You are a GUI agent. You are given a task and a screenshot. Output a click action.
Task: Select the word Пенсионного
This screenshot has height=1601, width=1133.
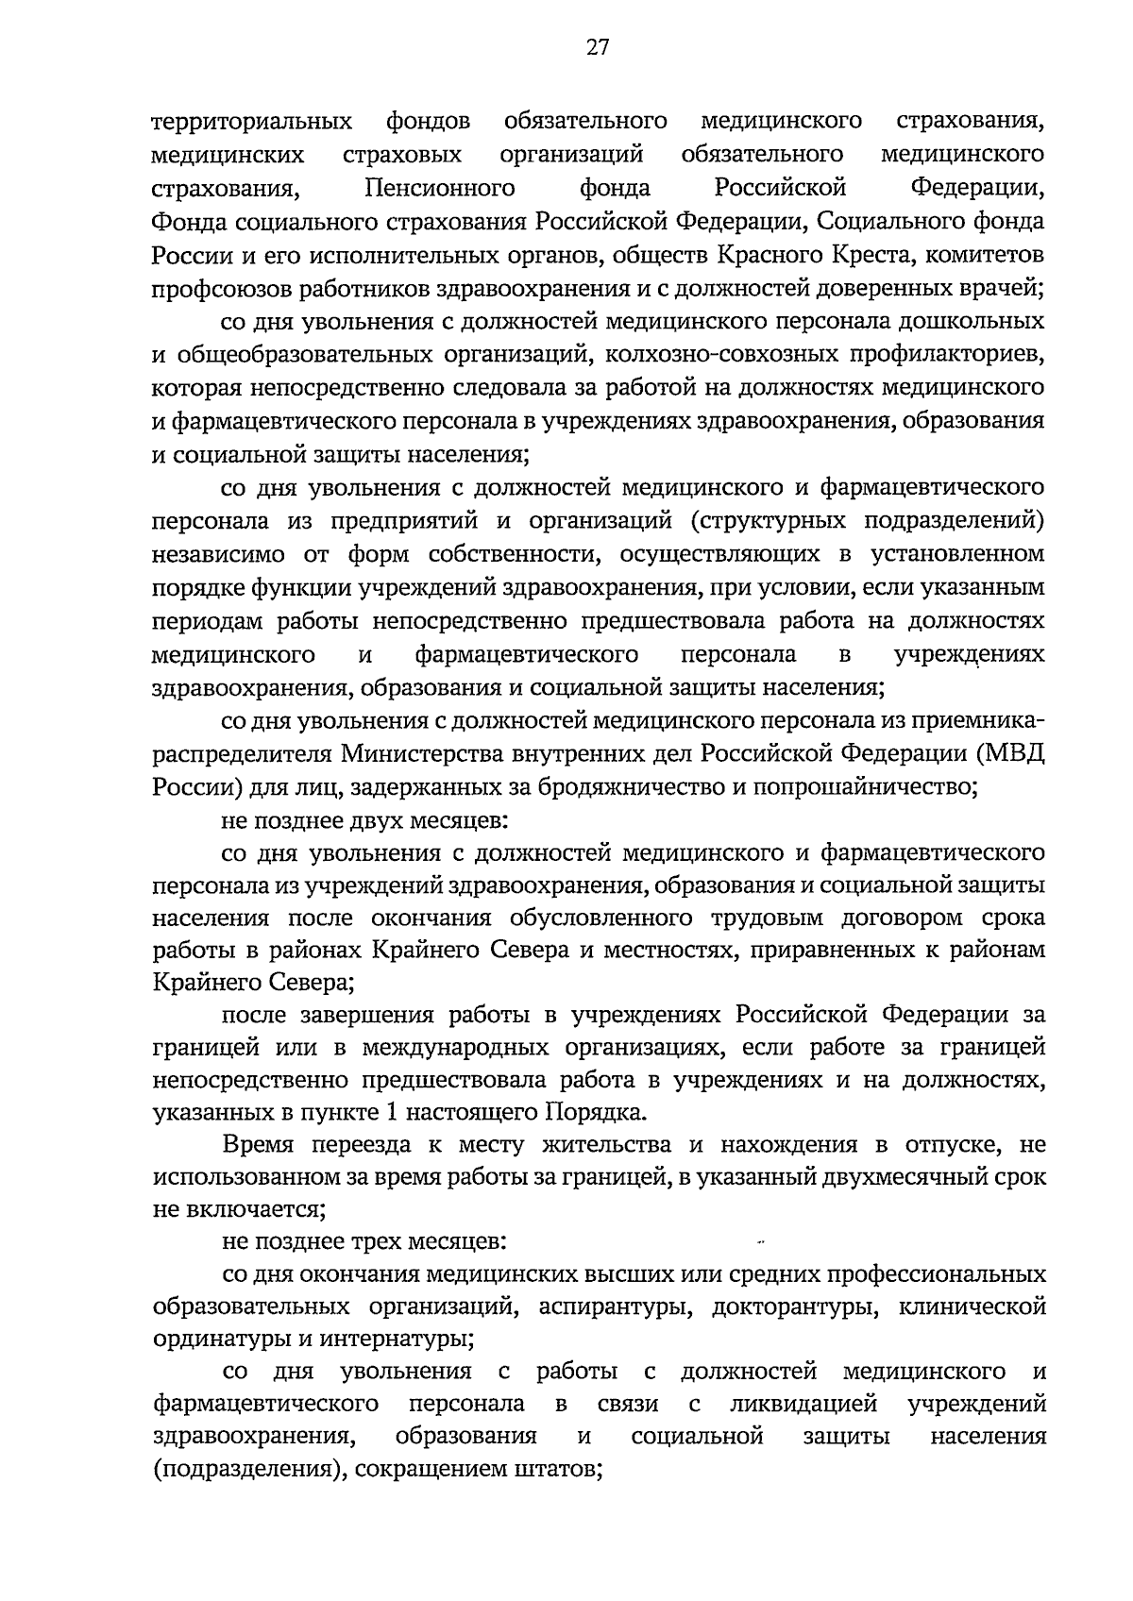point(440,188)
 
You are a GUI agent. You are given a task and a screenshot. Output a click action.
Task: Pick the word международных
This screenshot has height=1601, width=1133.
point(442,1047)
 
